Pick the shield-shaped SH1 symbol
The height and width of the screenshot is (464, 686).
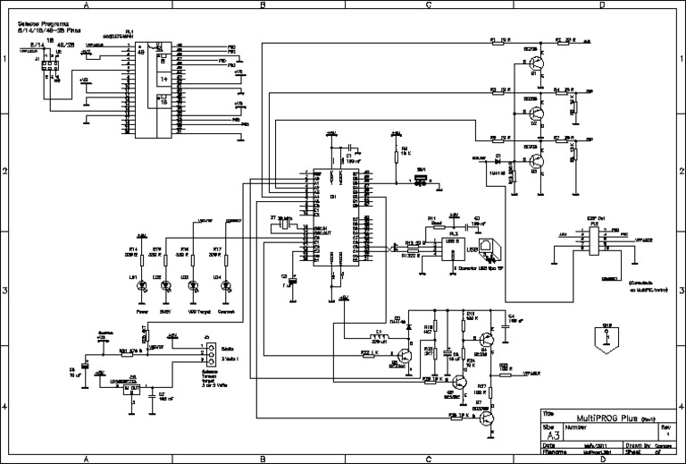pos(607,337)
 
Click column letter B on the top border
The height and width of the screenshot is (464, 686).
pos(263,5)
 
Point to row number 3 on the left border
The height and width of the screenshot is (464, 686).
pos(4,289)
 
